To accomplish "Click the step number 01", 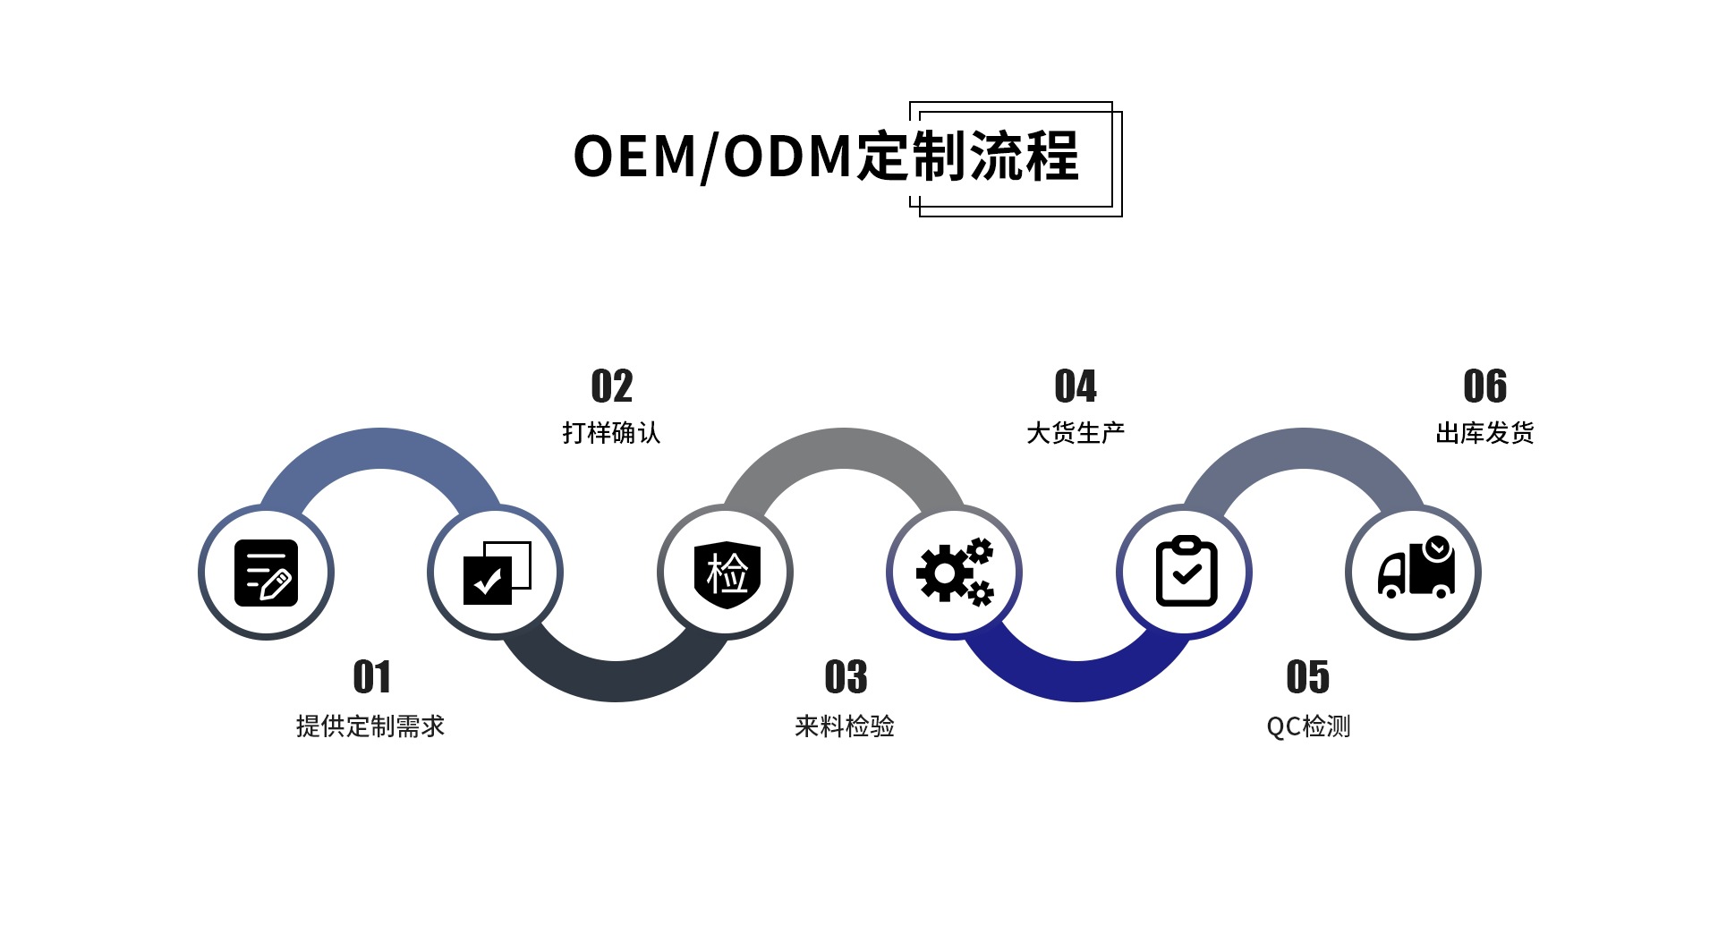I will pyautogui.click(x=372, y=677).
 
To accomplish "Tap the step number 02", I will pyautogui.click(x=612, y=386).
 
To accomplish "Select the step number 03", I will pyautogui.click(x=846, y=677).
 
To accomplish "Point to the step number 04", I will pyautogui.click(x=1076, y=386).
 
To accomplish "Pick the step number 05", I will pyautogui.click(x=1307, y=677).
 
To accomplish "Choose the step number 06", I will pyautogui.click(x=1485, y=386).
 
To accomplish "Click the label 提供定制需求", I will pyautogui.click(x=370, y=726).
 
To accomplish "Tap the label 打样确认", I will pyautogui.click(x=612, y=433).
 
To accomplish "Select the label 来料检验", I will pyautogui.click(x=845, y=726).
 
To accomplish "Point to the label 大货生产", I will pyautogui.click(x=1076, y=433).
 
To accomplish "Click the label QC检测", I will pyautogui.click(x=1308, y=726).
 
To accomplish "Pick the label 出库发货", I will pyautogui.click(x=1485, y=433).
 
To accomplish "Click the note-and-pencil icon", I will pyautogui.click(x=266, y=573).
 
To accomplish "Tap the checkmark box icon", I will pyautogui.click(x=496, y=573).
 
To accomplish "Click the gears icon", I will pyautogui.click(x=955, y=573).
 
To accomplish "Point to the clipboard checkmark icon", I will pyautogui.click(x=1186, y=572).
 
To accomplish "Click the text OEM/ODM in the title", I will pyautogui.click(x=712, y=157).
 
